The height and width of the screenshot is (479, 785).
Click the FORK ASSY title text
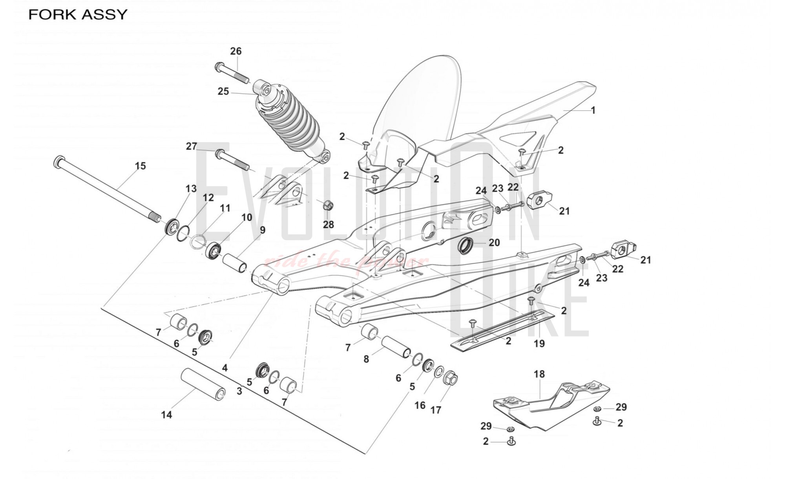(x=78, y=15)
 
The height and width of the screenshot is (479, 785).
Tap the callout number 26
(x=236, y=51)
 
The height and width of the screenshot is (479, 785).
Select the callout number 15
(x=140, y=166)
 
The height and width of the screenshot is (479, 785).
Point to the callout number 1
(x=593, y=110)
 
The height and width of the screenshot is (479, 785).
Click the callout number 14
(x=166, y=415)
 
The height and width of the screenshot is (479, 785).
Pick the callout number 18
(x=539, y=374)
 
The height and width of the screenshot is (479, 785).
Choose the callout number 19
(x=539, y=344)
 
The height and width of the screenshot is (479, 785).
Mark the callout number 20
(x=494, y=243)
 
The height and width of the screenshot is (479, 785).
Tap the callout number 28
(x=328, y=224)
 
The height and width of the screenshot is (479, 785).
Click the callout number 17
(x=436, y=410)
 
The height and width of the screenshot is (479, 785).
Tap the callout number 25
(x=223, y=91)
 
